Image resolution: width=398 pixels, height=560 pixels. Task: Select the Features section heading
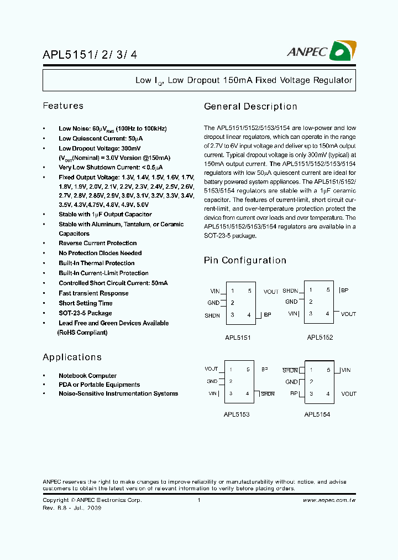(63, 106)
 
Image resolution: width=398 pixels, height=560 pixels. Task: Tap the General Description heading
(250, 107)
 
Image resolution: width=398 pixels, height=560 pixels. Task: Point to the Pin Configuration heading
(245, 261)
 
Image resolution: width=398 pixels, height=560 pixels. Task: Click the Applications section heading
(72, 357)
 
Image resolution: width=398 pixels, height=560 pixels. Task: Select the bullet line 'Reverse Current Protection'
(97, 243)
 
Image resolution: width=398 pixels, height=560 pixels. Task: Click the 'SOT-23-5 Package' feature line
(85, 313)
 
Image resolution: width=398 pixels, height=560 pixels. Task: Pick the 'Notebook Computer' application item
(87, 376)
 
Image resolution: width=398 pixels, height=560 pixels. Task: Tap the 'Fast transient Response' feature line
(93, 293)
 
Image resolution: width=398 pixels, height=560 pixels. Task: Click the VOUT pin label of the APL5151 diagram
(271, 292)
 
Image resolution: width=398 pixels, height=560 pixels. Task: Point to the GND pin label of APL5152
(291, 302)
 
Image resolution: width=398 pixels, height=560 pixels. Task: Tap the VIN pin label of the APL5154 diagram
(345, 370)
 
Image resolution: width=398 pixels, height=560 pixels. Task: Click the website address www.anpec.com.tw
(329, 500)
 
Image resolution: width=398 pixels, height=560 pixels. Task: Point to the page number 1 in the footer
(198, 500)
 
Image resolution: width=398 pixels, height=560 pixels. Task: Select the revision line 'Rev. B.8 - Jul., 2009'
(72, 508)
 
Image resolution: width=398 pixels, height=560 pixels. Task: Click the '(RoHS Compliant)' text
(82, 333)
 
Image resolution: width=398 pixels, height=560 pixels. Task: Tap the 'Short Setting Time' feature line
(85, 303)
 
